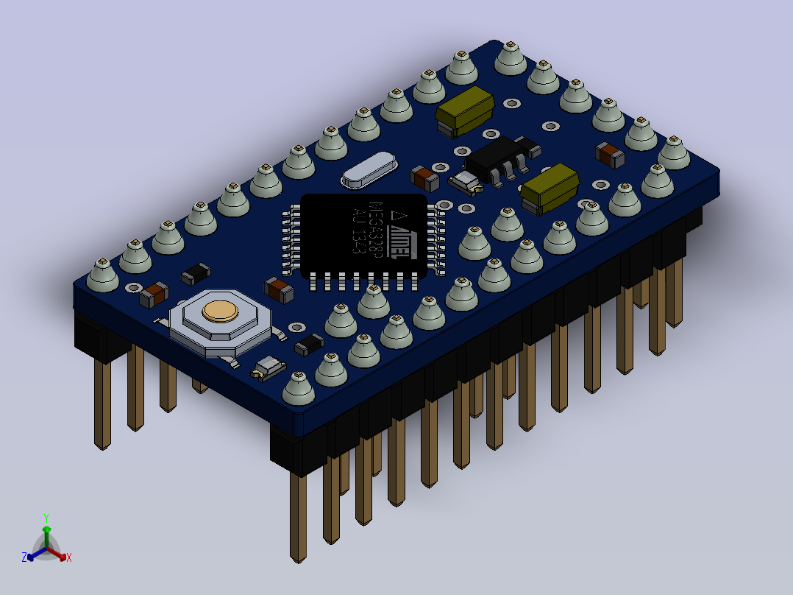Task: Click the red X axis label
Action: pos(69,558)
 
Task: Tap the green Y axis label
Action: pos(46,518)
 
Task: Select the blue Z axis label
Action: pos(24,557)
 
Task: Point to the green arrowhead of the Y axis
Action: pos(46,529)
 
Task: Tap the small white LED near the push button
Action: pos(269,367)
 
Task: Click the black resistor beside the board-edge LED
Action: pos(310,344)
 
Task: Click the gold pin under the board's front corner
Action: pos(298,515)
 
